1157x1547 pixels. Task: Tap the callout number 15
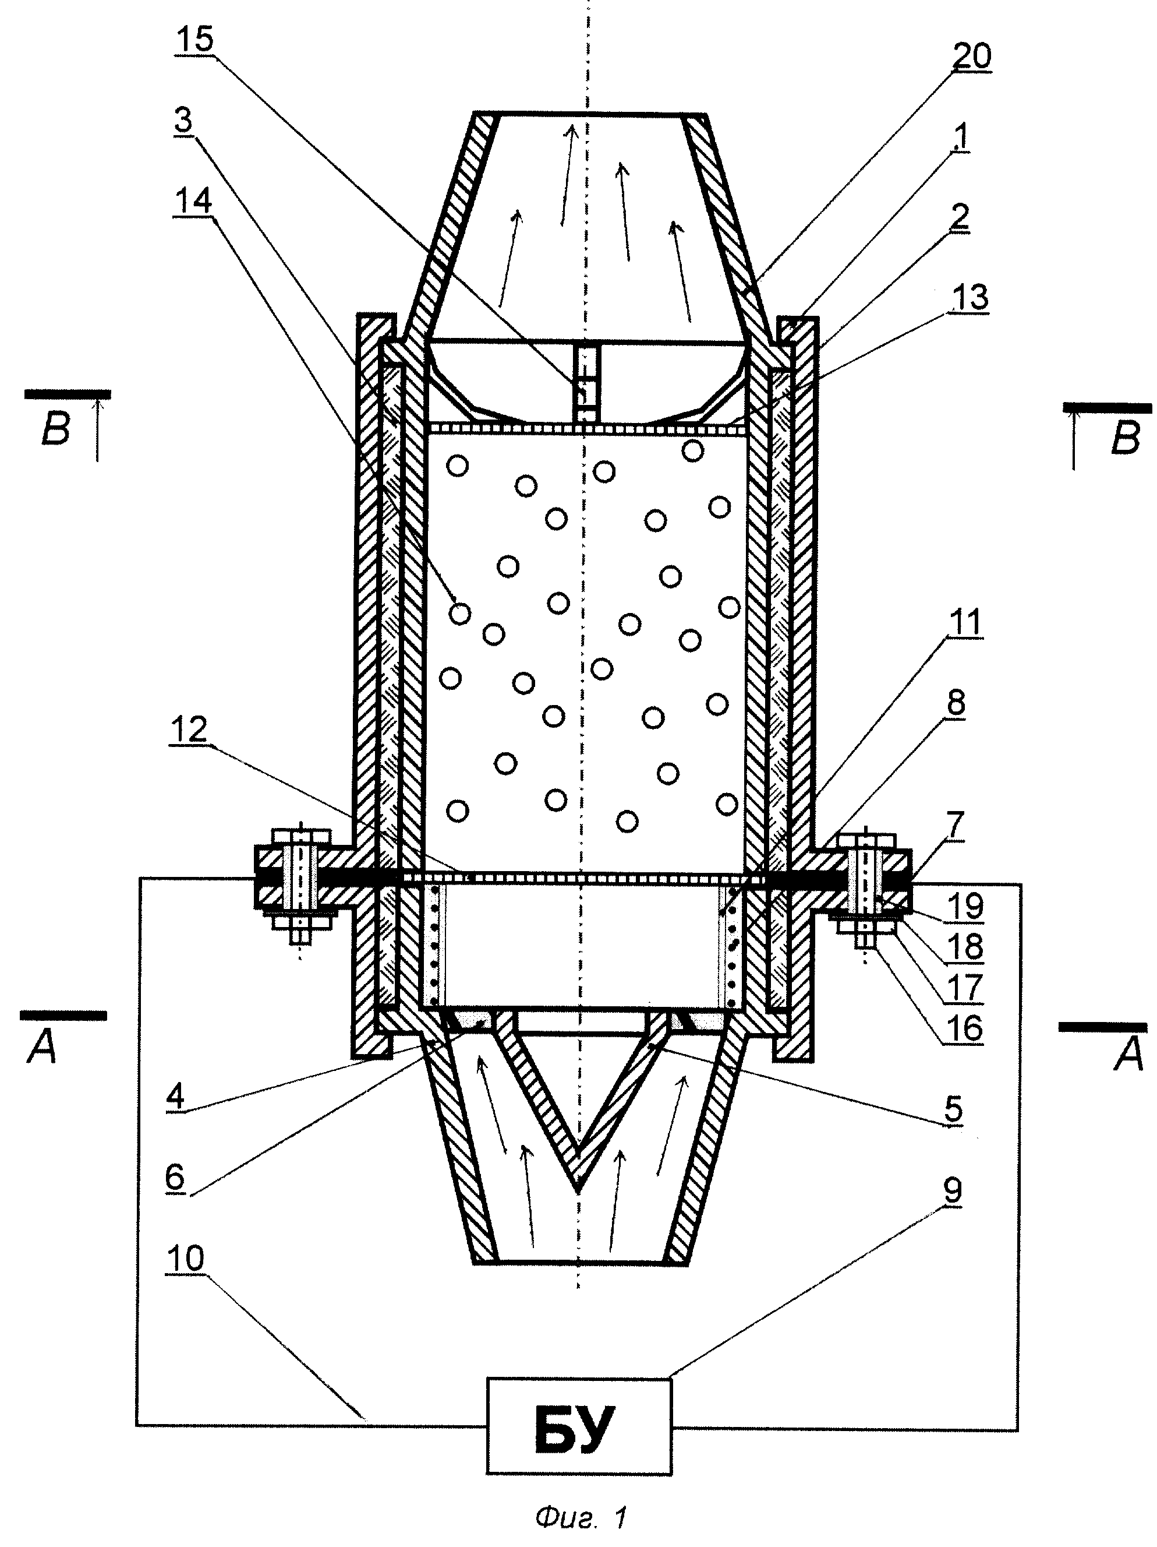[x=194, y=39]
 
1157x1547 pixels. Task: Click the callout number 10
[x=185, y=1258]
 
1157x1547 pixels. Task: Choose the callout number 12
[x=188, y=730]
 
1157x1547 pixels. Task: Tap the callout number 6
[x=175, y=1177]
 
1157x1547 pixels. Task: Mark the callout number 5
[x=953, y=1108]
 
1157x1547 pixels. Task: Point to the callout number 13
[x=970, y=297]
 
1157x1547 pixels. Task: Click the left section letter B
[x=55, y=428]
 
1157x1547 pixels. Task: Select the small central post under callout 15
[x=586, y=385]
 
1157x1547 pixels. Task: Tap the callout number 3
[x=183, y=120]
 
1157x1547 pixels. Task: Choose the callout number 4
[x=175, y=1095]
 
